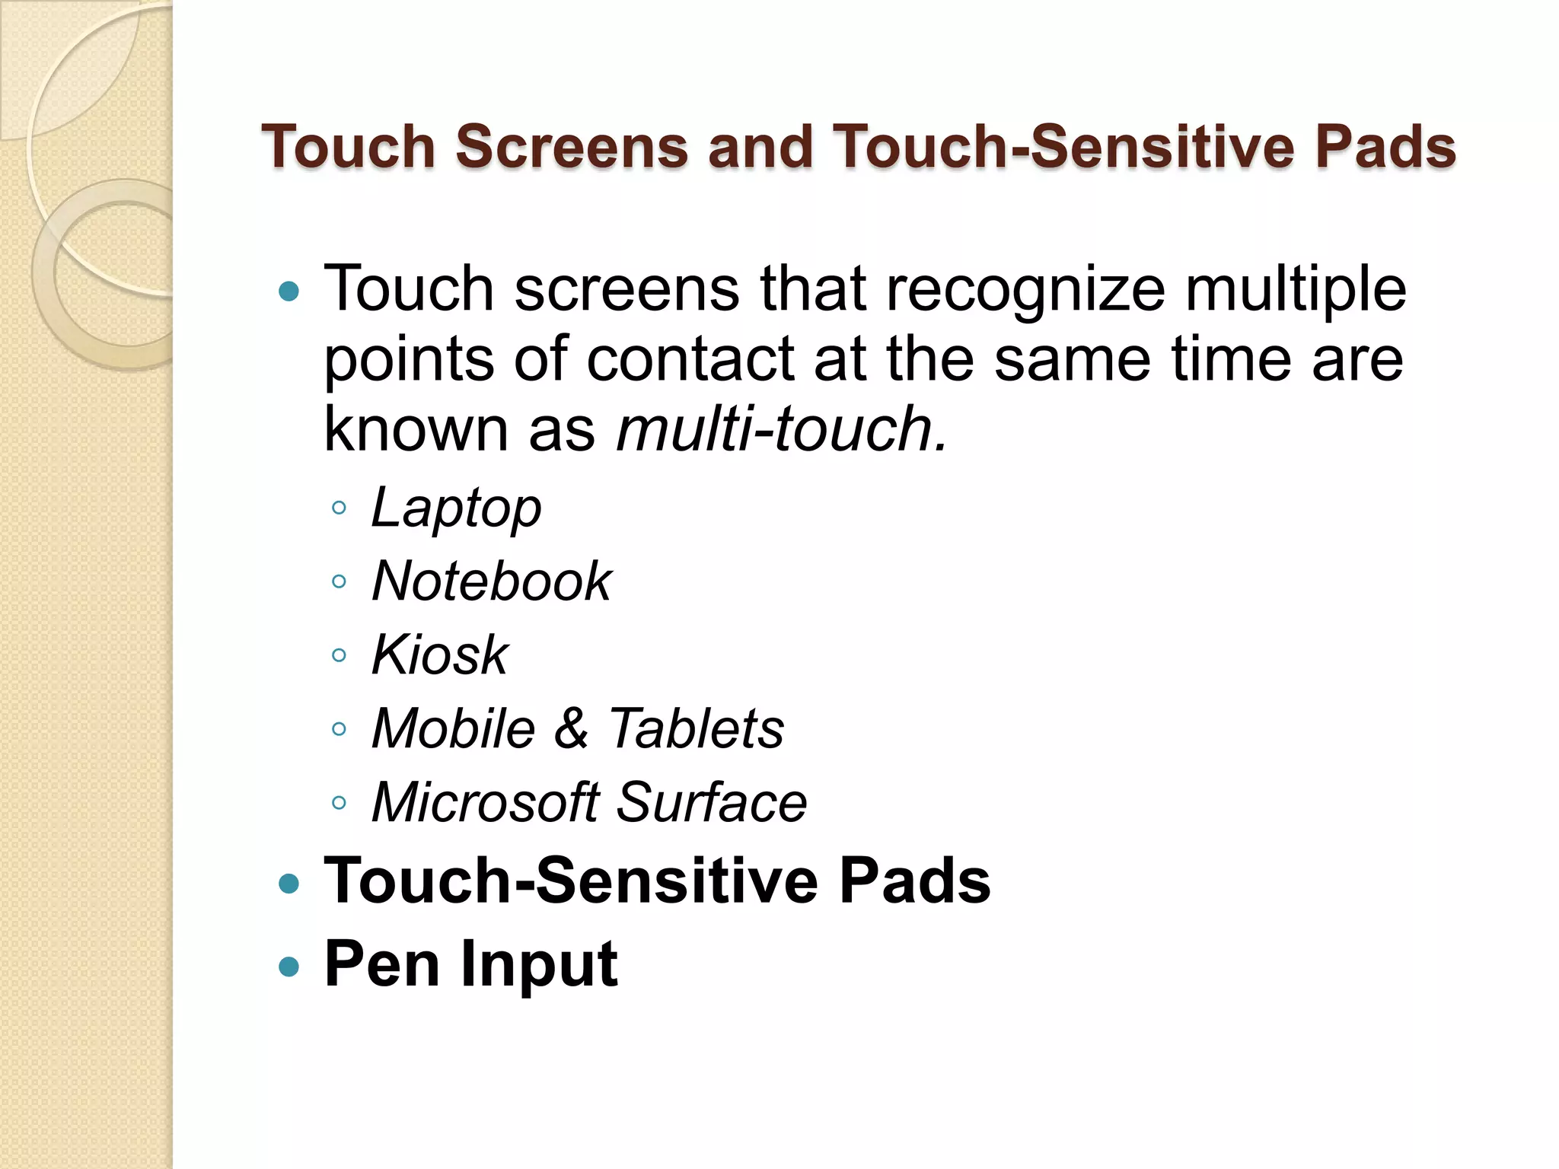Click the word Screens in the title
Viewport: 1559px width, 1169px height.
(x=572, y=146)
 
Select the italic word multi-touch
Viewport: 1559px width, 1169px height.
(x=781, y=428)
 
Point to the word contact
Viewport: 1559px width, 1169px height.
(x=690, y=358)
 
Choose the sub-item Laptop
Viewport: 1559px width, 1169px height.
(x=456, y=508)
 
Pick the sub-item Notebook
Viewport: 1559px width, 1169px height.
(x=492, y=581)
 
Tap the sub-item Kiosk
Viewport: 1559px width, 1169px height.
(x=439, y=655)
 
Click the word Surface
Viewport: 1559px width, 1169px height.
(x=711, y=802)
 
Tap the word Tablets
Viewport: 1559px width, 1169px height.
(x=696, y=728)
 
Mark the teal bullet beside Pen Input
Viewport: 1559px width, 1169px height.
(x=289, y=967)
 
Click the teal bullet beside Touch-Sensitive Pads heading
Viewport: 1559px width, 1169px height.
(x=289, y=884)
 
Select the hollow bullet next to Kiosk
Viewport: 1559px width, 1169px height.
(x=340, y=655)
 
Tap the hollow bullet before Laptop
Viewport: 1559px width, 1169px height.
(x=340, y=508)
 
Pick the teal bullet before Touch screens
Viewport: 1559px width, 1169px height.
(x=289, y=291)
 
